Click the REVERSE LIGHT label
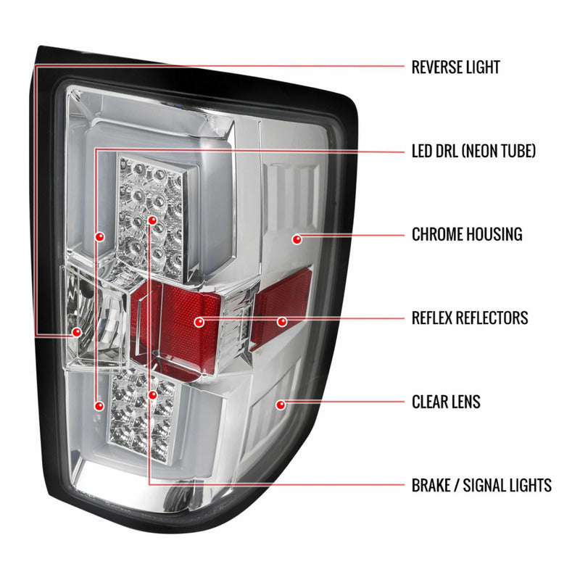click(x=456, y=67)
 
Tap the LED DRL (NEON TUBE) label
click(x=473, y=151)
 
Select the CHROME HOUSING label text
click(x=467, y=234)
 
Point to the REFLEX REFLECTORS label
click(x=470, y=318)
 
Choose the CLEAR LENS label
click(x=446, y=402)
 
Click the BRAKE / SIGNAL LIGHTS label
click(x=481, y=485)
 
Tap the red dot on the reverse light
click(x=77, y=332)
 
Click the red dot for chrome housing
click(x=297, y=239)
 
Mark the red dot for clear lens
click(x=281, y=405)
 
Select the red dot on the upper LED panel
click(x=152, y=220)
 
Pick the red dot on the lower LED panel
click(x=152, y=395)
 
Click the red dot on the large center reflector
click(x=199, y=322)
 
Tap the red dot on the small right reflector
click(x=282, y=321)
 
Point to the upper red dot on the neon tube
click(x=99, y=236)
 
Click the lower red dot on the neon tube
click(x=99, y=406)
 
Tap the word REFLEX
click(x=433, y=318)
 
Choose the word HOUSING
click(x=494, y=234)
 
